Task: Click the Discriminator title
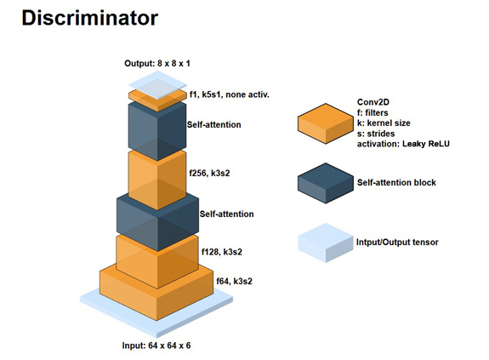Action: click(x=90, y=18)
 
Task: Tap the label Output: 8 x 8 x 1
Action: click(x=157, y=64)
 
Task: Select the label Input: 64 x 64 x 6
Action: click(x=156, y=346)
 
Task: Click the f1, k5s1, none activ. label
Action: click(x=230, y=94)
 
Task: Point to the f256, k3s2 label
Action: click(x=209, y=173)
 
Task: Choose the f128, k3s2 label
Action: click(x=222, y=252)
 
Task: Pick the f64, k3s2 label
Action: click(x=234, y=282)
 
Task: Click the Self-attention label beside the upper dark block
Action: click(x=214, y=125)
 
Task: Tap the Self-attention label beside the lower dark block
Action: click(x=227, y=214)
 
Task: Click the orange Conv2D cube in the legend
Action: click(x=326, y=123)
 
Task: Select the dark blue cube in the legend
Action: click(x=326, y=183)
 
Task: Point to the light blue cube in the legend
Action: click(x=326, y=243)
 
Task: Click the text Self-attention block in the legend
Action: click(x=396, y=182)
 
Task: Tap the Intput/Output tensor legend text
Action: click(x=397, y=242)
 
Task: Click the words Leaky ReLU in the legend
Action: click(x=426, y=144)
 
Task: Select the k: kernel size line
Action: click(x=384, y=123)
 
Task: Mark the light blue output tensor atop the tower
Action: click(x=158, y=85)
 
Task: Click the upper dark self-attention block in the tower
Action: click(x=157, y=131)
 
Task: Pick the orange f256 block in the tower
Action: click(x=157, y=180)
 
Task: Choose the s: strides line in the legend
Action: click(x=376, y=134)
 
